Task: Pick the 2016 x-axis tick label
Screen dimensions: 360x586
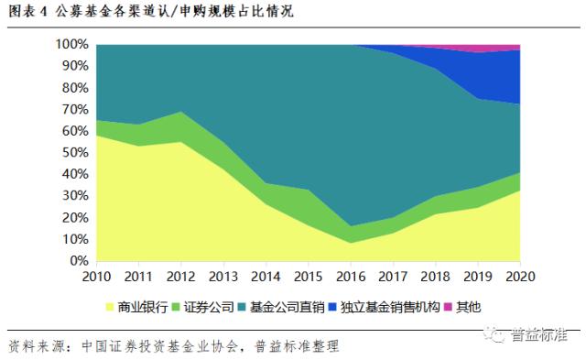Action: coord(351,276)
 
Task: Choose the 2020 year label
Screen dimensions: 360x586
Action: coord(520,276)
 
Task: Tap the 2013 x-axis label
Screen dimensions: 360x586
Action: coord(223,276)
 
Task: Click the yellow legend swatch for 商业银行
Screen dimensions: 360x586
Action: coord(109,305)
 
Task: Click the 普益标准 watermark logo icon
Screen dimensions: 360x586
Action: coord(497,336)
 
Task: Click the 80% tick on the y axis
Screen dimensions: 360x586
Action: coord(74,87)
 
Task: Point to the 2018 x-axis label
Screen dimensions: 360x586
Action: coord(436,276)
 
